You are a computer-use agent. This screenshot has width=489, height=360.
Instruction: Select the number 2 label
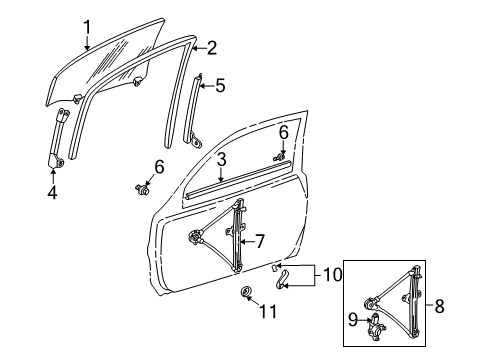pyautogui.click(x=211, y=47)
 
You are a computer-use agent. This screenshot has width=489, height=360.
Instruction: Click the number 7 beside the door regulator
pyautogui.click(x=259, y=241)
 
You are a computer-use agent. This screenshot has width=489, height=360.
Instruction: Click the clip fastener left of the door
pyautogui.click(x=143, y=186)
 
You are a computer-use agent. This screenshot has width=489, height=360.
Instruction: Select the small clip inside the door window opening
pyautogui.click(x=279, y=154)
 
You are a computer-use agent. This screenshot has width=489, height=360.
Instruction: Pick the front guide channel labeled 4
pyautogui.click(x=61, y=130)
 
